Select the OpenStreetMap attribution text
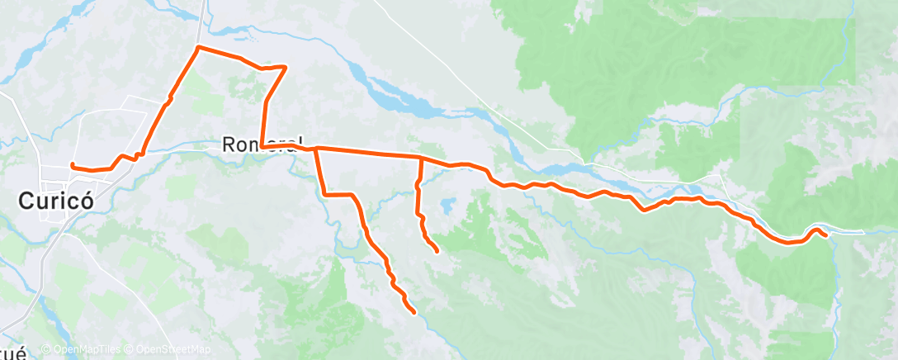coord(170,350)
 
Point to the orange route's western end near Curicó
coord(73,165)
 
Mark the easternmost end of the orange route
coord(825,236)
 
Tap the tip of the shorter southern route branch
coord(435,249)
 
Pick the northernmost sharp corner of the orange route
coord(197,48)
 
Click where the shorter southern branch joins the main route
coord(421,157)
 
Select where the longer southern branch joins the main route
coord(315,149)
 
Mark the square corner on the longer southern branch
coord(324,194)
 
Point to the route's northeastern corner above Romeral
coord(286,67)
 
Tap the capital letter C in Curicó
coord(27,201)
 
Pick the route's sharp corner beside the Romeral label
coord(261,147)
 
